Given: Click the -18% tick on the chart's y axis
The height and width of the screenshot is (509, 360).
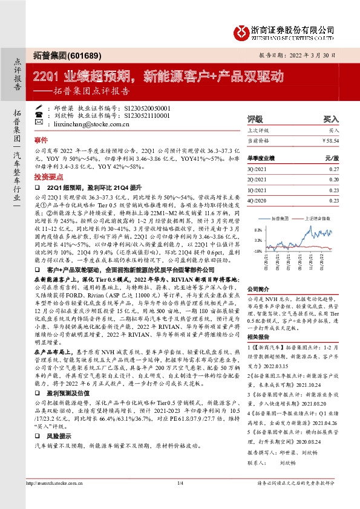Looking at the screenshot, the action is [x=258, y=251].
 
